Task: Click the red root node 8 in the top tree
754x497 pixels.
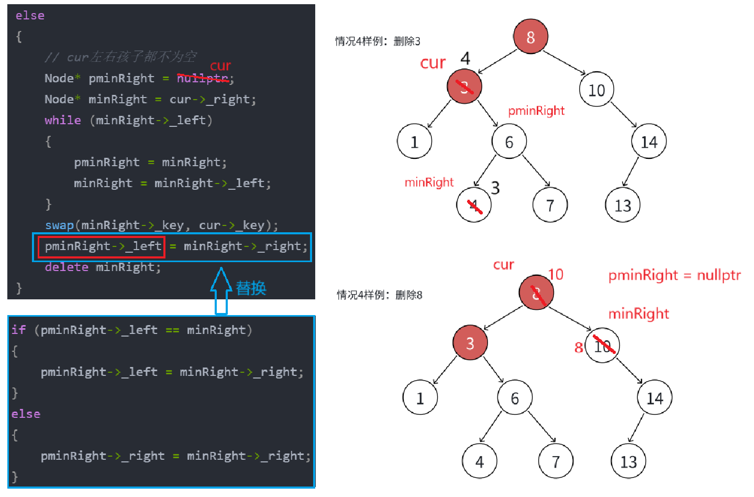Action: click(530, 37)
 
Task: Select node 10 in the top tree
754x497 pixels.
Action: click(596, 90)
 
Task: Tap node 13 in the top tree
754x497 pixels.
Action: click(623, 205)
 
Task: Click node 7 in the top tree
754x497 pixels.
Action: click(550, 205)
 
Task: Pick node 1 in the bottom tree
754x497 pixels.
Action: click(420, 398)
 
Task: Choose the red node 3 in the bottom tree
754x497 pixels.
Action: click(470, 343)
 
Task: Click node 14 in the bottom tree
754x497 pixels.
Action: click(655, 398)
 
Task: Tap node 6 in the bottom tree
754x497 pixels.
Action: click(515, 398)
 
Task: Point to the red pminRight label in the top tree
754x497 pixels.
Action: click(536, 111)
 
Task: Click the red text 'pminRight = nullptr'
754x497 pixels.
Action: click(674, 275)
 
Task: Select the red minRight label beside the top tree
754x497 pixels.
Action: click(429, 182)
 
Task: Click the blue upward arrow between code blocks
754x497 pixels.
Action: click(221, 291)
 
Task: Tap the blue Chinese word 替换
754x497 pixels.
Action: click(251, 288)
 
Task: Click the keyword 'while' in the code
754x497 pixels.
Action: click(62, 120)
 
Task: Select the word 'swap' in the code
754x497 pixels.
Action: click(59, 225)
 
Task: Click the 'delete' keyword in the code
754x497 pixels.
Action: click(66, 267)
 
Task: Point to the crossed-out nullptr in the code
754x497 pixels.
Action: click(203, 78)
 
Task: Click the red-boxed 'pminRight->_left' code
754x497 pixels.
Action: click(102, 246)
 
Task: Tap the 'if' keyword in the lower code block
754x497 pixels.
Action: click(19, 330)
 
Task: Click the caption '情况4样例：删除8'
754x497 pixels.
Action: click(380, 295)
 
